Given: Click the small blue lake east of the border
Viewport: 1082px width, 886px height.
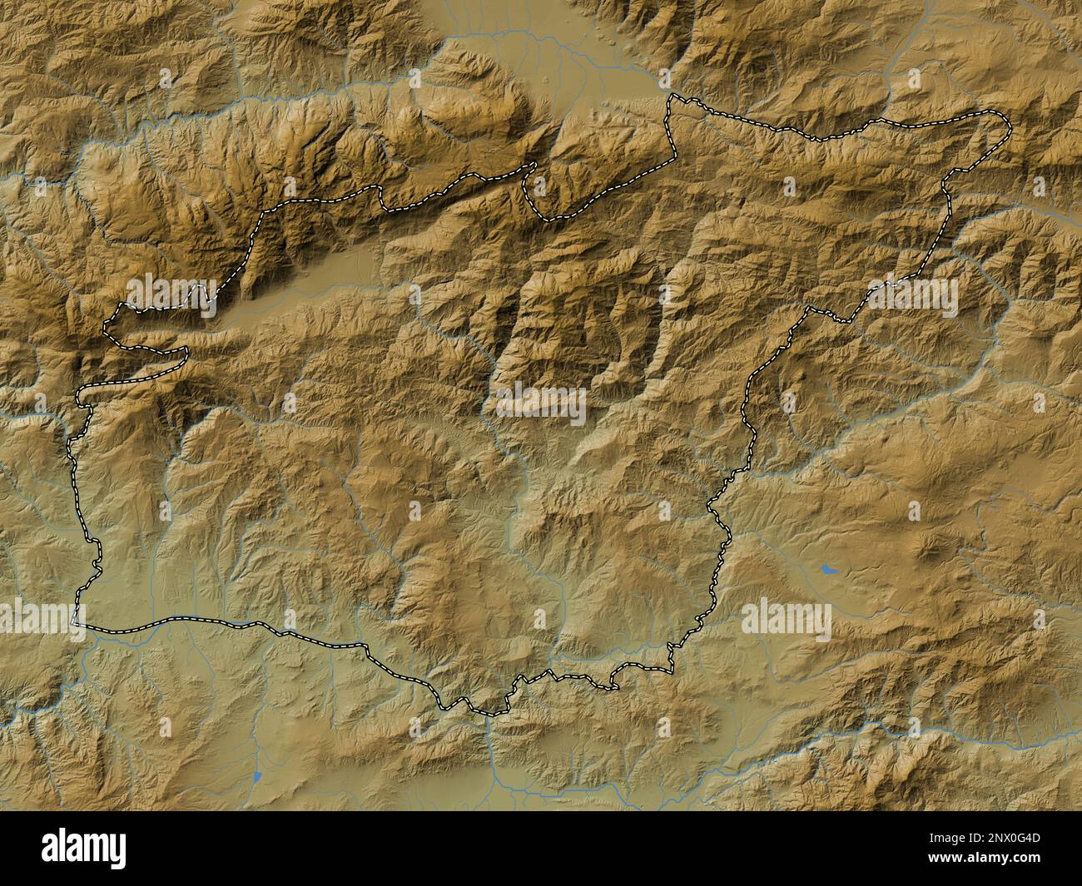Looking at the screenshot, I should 827,569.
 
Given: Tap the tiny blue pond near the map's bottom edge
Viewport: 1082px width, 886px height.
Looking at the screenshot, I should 256,778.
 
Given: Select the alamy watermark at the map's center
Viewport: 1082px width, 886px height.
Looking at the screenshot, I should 540,403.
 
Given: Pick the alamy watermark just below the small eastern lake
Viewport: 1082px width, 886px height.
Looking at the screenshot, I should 786,619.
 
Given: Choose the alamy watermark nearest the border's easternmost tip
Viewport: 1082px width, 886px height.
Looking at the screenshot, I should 912,295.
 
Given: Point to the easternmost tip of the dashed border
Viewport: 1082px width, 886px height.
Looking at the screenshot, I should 1010,127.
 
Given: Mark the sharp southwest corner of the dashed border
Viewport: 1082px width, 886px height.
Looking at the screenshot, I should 76,621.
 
